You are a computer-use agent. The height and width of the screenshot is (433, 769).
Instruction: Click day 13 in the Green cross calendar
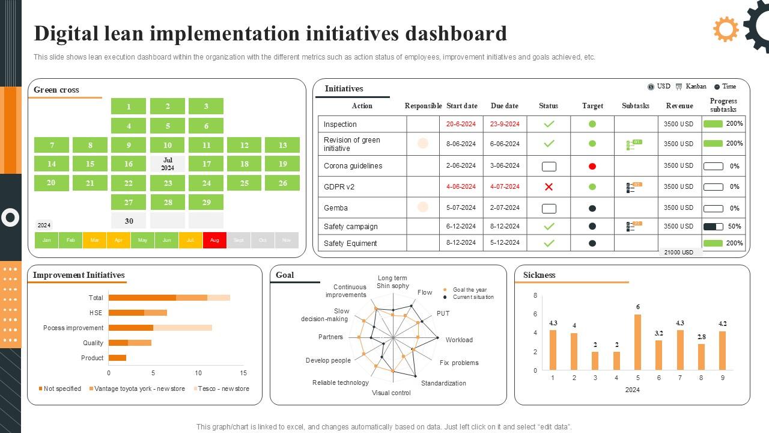(283, 145)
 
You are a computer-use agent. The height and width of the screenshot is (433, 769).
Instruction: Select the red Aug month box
(214, 240)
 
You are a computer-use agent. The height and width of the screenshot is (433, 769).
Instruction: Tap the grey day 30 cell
(129, 221)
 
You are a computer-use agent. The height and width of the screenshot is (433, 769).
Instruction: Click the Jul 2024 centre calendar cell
(168, 164)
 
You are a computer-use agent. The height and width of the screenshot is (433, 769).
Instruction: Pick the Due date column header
(504, 106)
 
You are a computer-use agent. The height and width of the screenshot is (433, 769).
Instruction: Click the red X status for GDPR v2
(549, 187)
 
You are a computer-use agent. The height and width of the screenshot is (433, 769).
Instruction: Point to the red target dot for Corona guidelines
(592, 166)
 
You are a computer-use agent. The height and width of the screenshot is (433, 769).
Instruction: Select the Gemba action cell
(336, 208)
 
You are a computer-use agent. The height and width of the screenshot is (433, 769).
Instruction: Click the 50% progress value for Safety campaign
(734, 227)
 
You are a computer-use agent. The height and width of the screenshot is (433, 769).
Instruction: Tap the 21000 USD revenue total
(679, 253)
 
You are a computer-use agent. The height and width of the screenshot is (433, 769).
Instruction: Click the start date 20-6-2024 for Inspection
(461, 124)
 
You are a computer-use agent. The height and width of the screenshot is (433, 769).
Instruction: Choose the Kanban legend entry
(691, 87)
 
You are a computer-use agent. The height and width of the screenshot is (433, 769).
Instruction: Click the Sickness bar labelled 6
(637, 342)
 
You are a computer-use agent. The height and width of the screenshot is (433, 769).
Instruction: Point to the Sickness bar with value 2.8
(701, 357)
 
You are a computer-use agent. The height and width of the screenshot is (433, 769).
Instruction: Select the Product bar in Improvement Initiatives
(117, 358)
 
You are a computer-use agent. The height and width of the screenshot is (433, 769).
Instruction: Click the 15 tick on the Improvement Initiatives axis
(243, 373)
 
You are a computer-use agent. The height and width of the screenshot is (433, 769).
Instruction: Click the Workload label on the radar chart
(459, 340)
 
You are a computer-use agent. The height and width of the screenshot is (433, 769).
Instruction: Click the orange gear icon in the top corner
(726, 29)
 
